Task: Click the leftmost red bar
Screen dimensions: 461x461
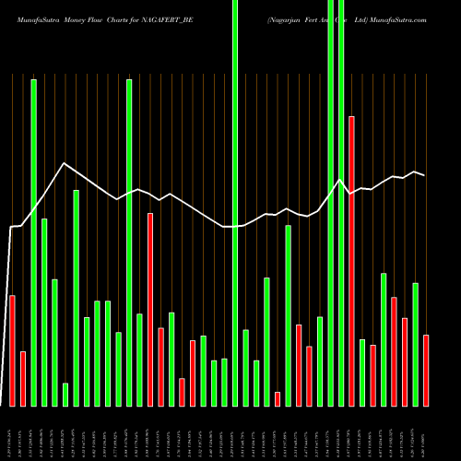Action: [x=12, y=350]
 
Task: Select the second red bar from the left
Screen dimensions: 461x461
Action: [x=23, y=378]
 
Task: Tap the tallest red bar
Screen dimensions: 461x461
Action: [x=351, y=261]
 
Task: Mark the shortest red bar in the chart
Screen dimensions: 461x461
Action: [x=278, y=398]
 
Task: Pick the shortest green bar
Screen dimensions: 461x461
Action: [x=65, y=394]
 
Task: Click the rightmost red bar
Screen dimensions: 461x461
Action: [x=426, y=370]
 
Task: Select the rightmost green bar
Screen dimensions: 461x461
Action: [x=415, y=344]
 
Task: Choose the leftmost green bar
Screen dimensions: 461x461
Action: [x=33, y=242]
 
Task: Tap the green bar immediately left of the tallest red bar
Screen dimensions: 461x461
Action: [x=341, y=203]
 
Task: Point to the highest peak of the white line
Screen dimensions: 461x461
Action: [x=64, y=164]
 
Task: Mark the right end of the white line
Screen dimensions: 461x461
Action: [x=425, y=175]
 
